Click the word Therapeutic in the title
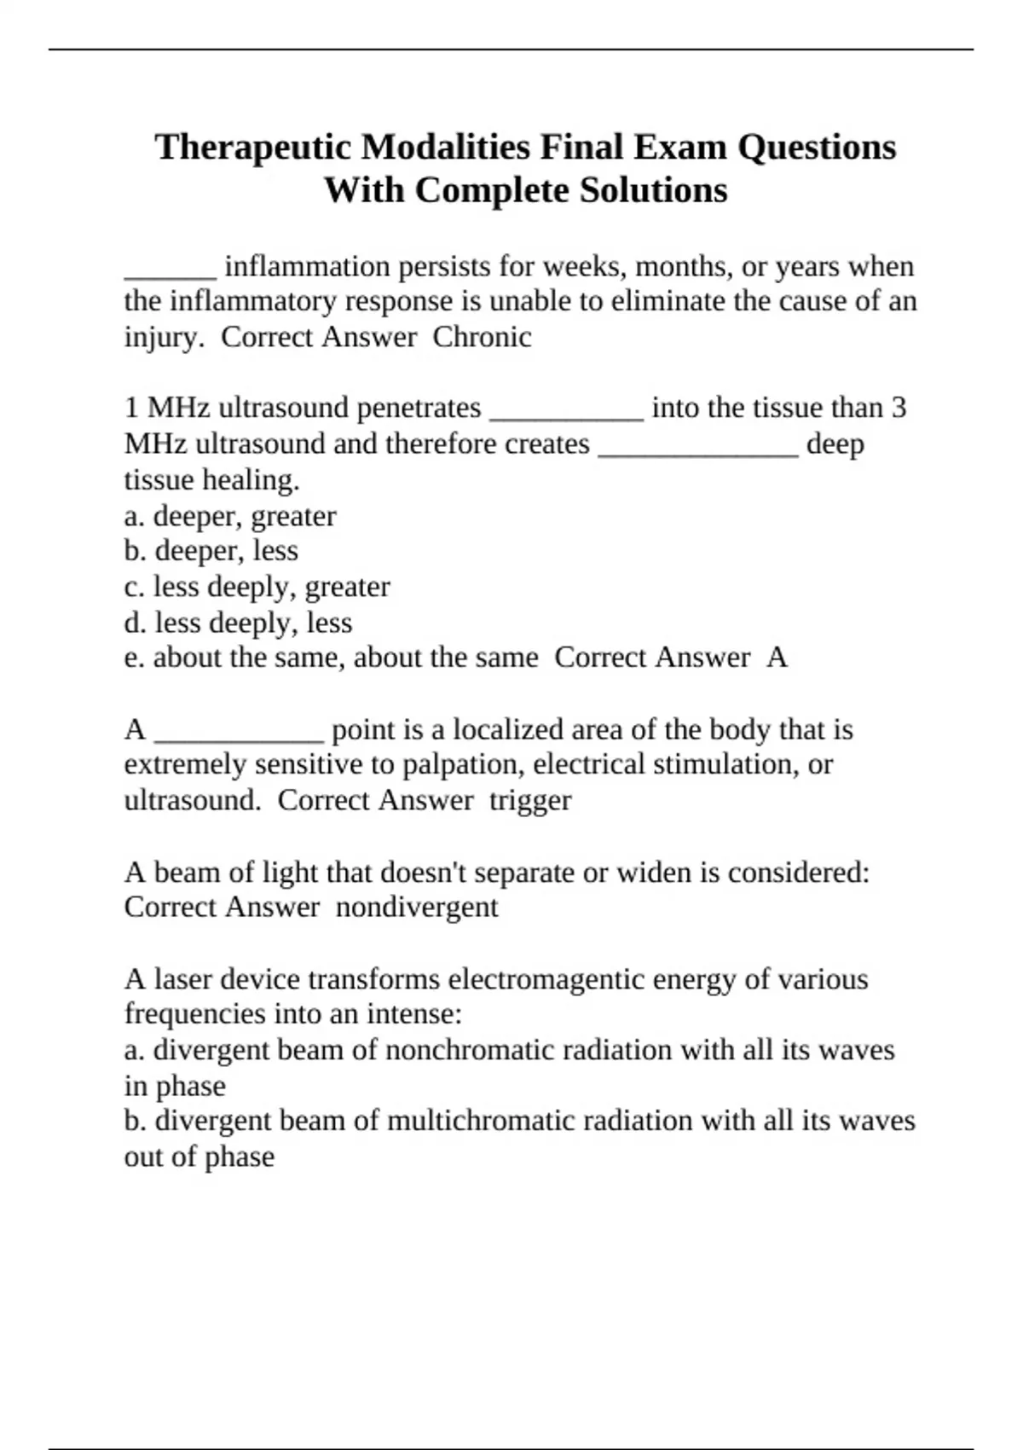[252, 147]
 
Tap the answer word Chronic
[482, 337]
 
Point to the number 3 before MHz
[899, 408]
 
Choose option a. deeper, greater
[230, 516]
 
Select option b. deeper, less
[211, 551]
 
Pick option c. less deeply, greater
[257, 587]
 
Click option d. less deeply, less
[238, 623]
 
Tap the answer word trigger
[529, 800]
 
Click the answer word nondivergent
[416, 907]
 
